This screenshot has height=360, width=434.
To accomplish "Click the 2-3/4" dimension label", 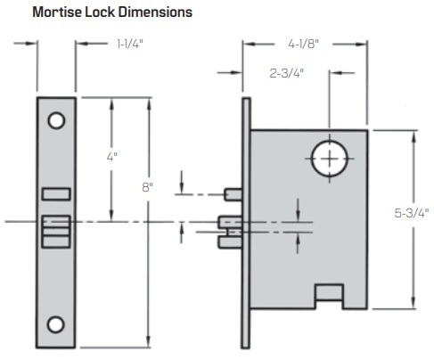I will click(x=288, y=75).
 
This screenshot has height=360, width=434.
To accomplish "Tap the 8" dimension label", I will click(x=146, y=187).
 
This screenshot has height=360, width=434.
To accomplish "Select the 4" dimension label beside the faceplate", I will click(x=111, y=156).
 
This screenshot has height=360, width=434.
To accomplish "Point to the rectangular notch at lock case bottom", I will click(x=329, y=293).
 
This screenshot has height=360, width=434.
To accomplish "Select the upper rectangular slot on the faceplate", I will click(x=55, y=193).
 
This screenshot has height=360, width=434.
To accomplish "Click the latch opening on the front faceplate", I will click(x=55, y=230).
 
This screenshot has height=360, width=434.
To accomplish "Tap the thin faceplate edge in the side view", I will click(x=245, y=223).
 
